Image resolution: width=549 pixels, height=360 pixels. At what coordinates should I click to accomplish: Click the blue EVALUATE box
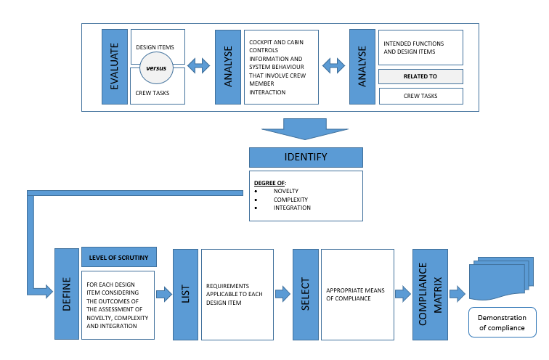pyautogui.click(x=115, y=67)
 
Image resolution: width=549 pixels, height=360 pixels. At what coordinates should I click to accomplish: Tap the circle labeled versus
pyautogui.click(x=156, y=68)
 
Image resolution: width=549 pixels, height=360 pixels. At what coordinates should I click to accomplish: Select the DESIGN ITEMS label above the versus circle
pyautogui.click(x=155, y=47)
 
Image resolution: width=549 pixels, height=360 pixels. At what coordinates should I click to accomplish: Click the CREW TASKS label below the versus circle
pyautogui.click(x=152, y=93)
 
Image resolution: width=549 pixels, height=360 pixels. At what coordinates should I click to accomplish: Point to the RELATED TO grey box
pyautogui.click(x=420, y=76)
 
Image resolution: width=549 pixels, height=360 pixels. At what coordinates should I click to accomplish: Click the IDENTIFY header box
pyautogui.click(x=306, y=157)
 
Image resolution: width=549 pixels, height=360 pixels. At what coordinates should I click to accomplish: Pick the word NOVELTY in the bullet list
pyautogui.click(x=286, y=191)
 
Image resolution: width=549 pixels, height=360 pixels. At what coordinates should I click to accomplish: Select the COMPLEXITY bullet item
pyautogui.click(x=290, y=200)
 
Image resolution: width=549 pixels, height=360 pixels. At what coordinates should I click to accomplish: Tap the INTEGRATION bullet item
pyautogui.click(x=292, y=208)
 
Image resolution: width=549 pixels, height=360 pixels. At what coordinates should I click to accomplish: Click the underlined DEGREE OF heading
pyautogui.click(x=269, y=183)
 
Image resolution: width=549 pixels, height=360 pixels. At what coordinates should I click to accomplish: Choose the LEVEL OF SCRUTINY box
pyautogui.click(x=118, y=257)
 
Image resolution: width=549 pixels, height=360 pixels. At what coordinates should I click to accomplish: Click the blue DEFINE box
pyautogui.click(x=67, y=294)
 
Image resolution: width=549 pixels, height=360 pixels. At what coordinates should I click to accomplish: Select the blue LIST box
pyautogui.click(x=186, y=294)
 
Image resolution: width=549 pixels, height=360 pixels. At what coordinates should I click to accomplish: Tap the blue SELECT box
pyautogui.click(x=305, y=294)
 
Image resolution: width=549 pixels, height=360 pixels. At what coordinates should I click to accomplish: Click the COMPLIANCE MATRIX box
pyautogui.click(x=430, y=294)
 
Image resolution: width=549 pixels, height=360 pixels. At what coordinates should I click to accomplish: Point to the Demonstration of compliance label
pyautogui.click(x=502, y=322)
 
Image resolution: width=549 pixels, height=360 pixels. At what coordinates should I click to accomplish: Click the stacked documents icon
pyautogui.click(x=501, y=279)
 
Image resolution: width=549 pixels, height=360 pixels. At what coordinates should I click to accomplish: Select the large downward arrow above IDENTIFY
pyautogui.click(x=305, y=129)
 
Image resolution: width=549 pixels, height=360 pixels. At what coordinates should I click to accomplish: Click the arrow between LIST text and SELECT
pyautogui.click(x=283, y=294)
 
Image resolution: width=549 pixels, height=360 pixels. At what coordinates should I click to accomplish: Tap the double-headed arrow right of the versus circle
pyautogui.click(x=198, y=66)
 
